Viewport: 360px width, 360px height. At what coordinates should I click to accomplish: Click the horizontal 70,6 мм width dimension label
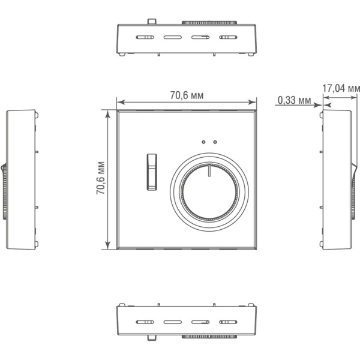coord(187,95)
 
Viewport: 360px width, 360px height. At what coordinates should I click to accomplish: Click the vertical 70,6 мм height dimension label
coord(100,178)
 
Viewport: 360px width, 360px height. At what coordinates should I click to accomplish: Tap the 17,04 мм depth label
coord(341,88)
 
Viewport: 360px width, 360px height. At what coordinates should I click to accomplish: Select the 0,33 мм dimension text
coord(295,100)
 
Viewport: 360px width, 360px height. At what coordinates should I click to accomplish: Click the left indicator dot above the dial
coord(203,142)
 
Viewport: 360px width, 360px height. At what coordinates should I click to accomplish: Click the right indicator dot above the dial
coord(215,142)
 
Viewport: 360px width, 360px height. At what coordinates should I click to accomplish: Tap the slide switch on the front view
coord(152,172)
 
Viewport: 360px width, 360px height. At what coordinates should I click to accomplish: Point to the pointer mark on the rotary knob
coord(209,170)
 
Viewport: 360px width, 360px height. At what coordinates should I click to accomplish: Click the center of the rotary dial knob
coord(209,192)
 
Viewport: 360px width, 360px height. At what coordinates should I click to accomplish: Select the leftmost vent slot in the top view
coord(145,37)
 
